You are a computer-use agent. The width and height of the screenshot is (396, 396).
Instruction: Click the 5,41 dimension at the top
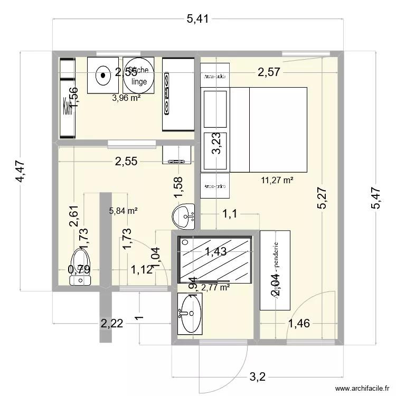coord(197,20)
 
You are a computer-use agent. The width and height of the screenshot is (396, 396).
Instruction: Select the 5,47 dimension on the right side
coord(376,198)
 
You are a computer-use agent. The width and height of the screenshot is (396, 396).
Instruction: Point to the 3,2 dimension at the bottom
coord(257,377)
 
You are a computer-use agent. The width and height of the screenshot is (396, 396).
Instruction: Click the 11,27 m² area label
coord(277,180)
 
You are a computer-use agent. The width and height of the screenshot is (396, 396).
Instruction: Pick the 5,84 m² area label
coord(123,211)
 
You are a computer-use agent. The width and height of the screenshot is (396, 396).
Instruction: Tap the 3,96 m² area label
coord(126,97)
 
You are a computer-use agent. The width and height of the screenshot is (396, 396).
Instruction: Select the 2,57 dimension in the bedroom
coord(268,72)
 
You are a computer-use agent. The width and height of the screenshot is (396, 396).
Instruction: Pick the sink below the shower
coord(188,314)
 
